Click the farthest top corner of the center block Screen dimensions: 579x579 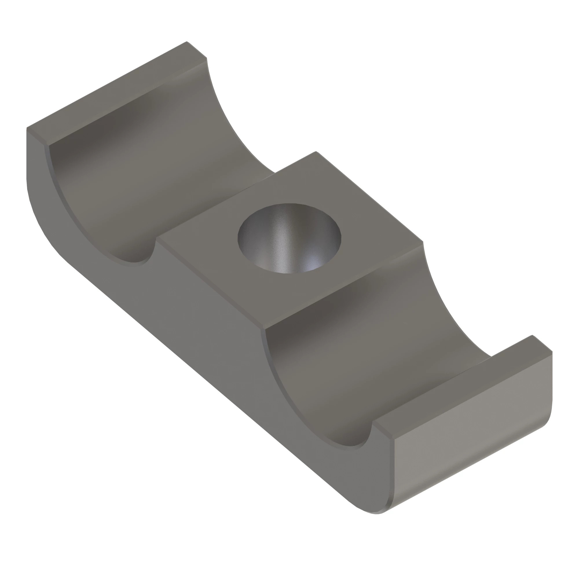tap(316, 152)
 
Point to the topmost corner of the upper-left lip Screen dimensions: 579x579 tap(187, 42)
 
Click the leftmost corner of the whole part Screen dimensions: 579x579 tap(27, 128)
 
